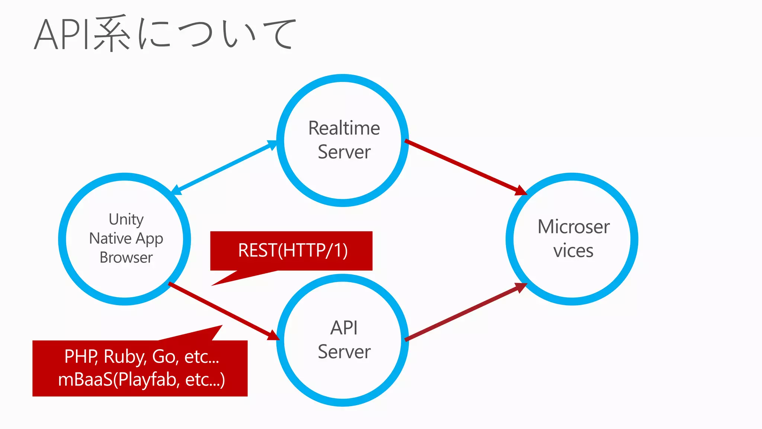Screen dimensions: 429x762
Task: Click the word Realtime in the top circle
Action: (344, 128)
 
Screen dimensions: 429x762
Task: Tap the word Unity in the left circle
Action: (126, 219)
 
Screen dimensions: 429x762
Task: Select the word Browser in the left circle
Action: (126, 258)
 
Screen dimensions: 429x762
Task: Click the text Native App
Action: (126, 238)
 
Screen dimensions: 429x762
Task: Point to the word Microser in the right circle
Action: (573, 227)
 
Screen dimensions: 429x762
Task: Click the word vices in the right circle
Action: (573, 251)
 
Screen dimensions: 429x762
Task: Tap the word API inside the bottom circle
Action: (344, 328)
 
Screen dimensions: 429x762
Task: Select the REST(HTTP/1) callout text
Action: (293, 250)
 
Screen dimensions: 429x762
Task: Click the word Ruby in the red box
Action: (125, 357)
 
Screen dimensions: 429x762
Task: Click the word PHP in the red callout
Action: (80, 357)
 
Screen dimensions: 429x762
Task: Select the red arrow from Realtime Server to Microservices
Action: (465, 166)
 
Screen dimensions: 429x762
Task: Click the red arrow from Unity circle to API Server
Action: (223, 311)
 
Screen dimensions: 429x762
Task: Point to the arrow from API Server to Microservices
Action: (465, 312)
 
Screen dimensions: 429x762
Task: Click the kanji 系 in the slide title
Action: (112, 34)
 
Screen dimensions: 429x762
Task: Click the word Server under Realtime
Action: (344, 152)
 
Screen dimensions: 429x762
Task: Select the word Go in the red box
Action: (164, 357)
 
